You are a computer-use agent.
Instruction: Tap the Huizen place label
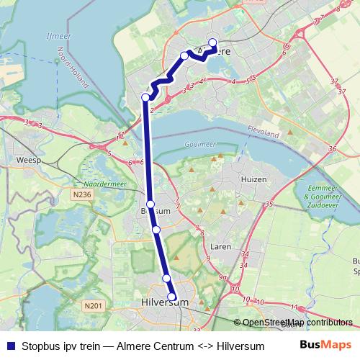coord(255,179)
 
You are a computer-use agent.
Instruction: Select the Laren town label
coord(221,246)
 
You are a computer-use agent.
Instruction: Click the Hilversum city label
coord(166,303)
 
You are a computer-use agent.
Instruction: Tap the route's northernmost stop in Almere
coord(213,42)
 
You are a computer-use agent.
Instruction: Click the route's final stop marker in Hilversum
coord(172,296)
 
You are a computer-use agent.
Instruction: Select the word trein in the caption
coord(93,346)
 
